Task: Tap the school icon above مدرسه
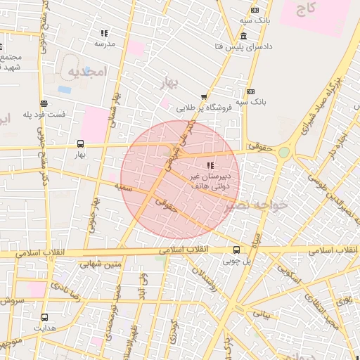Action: [x=104, y=32]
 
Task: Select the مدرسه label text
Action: [x=104, y=43]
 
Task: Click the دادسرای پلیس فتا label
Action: [x=243, y=46]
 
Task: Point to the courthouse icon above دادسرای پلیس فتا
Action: [x=243, y=36]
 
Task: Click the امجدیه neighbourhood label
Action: [x=86, y=72]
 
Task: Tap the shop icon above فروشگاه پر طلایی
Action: [x=204, y=97]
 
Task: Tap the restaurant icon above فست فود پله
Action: [x=44, y=103]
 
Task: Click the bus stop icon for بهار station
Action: [x=80, y=143]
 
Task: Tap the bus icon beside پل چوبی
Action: [x=236, y=250]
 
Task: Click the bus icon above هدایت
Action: [x=45, y=317]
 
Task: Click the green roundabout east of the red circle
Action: [x=283, y=152]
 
